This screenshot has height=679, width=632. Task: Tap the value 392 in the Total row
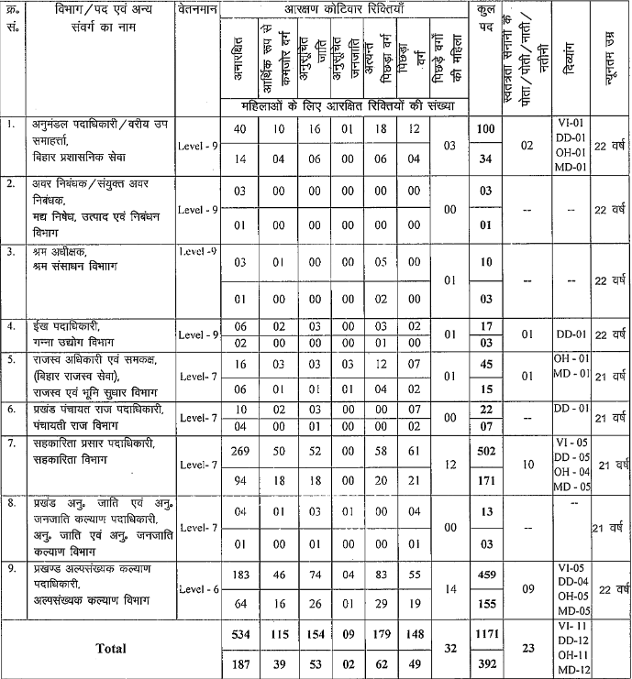pyautogui.click(x=488, y=663)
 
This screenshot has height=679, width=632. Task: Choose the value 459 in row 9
pyautogui.click(x=488, y=573)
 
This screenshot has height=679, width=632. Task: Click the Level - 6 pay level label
pyautogui.click(x=197, y=588)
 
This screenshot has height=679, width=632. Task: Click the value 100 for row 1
pyautogui.click(x=488, y=129)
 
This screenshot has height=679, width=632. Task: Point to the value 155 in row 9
pyautogui.click(x=488, y=604)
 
